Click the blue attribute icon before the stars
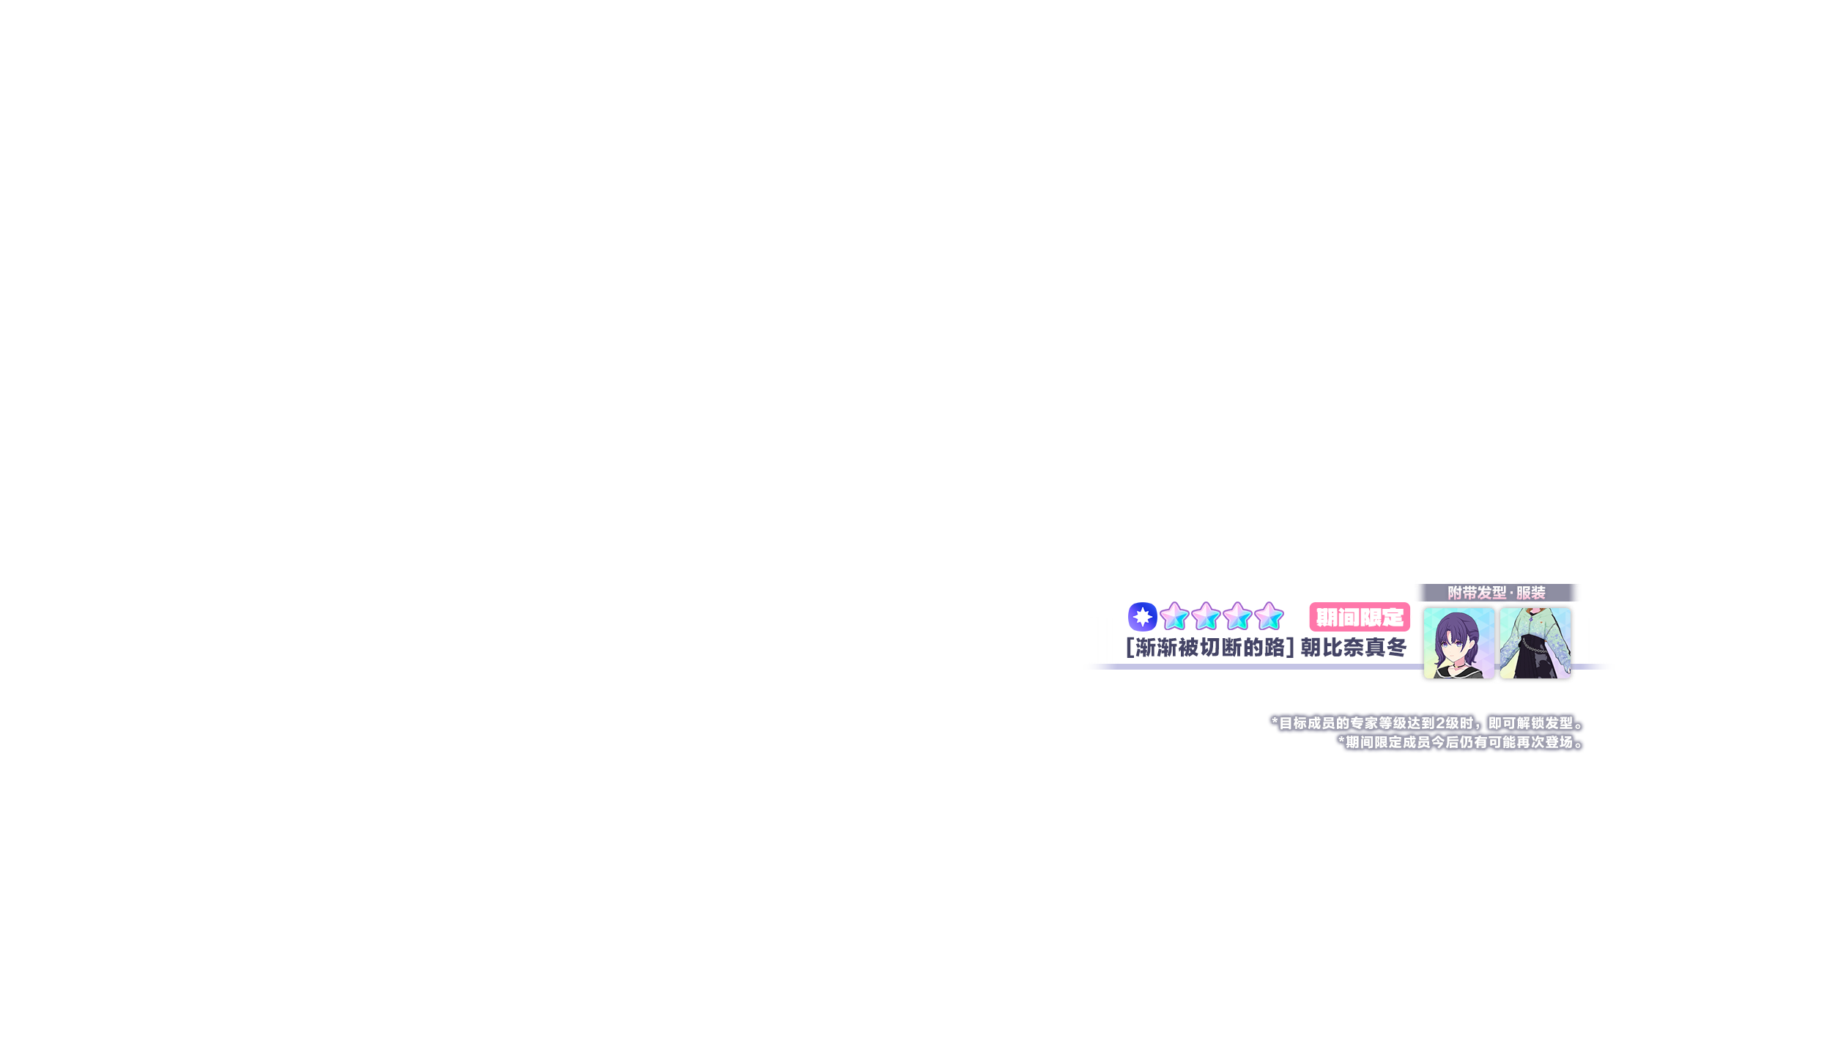coord(1142,617)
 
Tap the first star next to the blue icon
coord(1174,617)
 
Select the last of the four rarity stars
coord(1269,617)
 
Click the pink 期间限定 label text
coord(1360,618)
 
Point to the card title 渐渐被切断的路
coord(1209,648)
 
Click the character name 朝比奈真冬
coord(1353,648)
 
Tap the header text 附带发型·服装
coord(1496,593)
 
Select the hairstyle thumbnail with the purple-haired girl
coord(1458,643)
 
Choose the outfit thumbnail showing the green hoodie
coord(1535,643)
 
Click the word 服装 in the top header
coord(1530,593)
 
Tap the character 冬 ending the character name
coord(1397,648)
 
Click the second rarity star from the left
coord(1206,617)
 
